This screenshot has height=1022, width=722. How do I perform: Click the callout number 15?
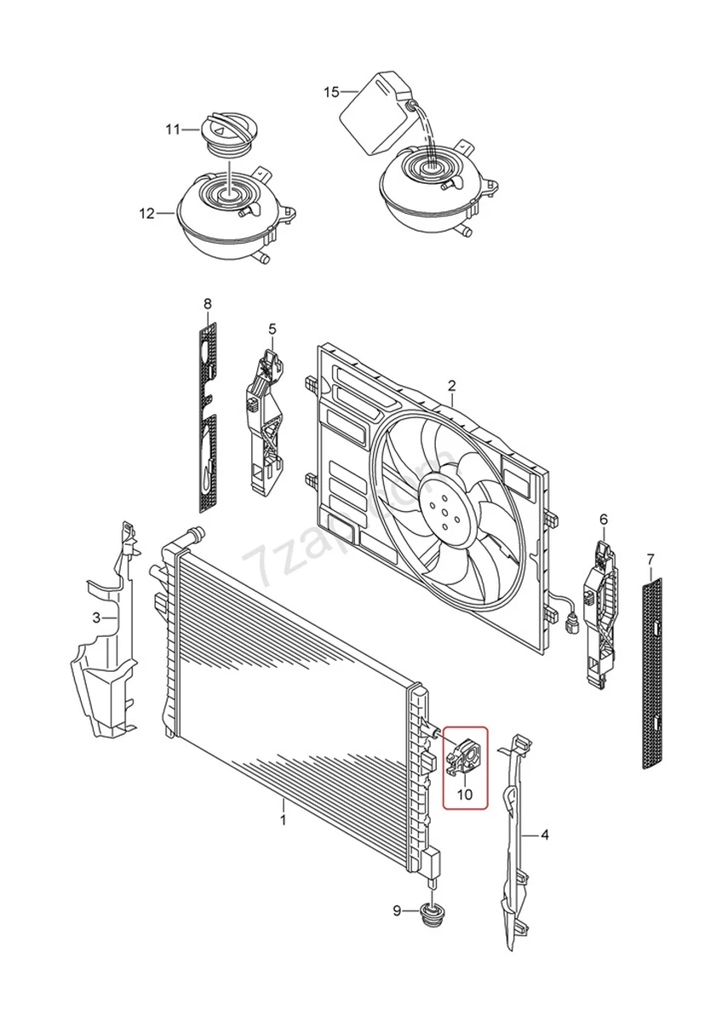(x=331, y=91)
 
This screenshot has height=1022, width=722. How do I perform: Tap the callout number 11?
(x=173, y=129)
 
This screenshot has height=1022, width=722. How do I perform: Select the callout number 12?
(x=147, y=213)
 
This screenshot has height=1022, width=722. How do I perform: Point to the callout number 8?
(x=208, y=303)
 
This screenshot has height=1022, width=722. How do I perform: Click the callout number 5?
(x=272, y=328)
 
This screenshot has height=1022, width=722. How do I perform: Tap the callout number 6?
(x=604, y=518)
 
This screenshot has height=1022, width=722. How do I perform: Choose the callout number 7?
(x=650, y=559)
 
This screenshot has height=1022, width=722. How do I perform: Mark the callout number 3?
(x=97, y=617)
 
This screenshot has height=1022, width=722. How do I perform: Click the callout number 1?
(x=284, y=820)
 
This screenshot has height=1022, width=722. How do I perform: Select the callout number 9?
(x=397, y=911)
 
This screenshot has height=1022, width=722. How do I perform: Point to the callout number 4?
(x=545, y=835)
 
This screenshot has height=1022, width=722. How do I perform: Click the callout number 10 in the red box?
(x=464, y=794)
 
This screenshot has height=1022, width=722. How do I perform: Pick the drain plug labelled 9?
(x=434, y=916)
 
